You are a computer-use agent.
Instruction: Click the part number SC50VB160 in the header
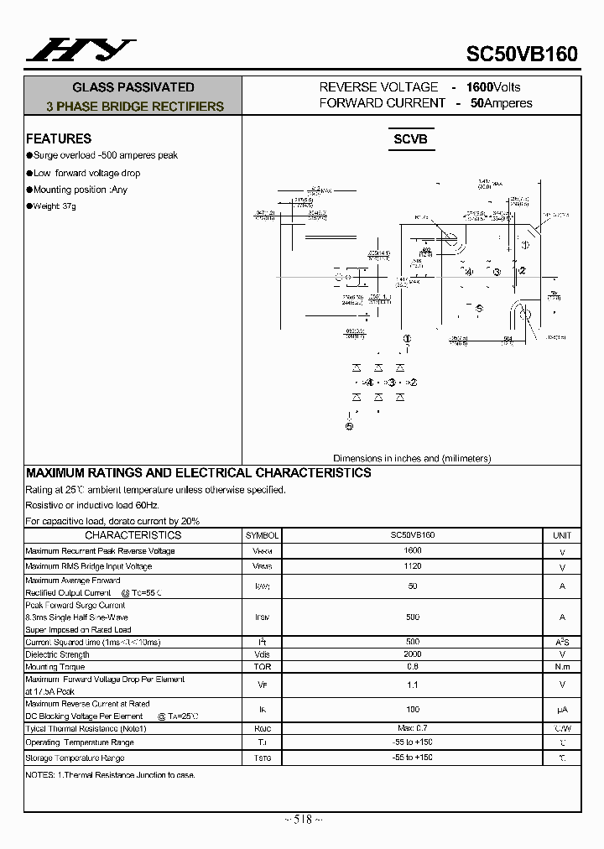coord(522,54)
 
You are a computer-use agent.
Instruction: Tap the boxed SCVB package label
coord(411,139)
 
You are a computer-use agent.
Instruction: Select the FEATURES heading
coord(59,138)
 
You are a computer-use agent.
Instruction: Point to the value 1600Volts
coord(493,87)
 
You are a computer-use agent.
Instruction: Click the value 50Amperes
coord(501,103)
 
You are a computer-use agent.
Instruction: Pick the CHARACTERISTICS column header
coord(133,535)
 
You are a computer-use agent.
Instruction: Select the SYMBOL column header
coord(262,535)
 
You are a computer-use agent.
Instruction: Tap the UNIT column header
coord(562,535)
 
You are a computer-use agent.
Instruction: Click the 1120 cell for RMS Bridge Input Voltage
coord(413,566)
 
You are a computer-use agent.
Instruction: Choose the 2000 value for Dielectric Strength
coord(413,654)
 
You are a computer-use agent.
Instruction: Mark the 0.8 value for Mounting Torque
coord(413,667)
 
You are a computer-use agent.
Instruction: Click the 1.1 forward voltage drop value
coord(413,685)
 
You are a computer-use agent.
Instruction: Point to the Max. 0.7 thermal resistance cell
coord(413,728)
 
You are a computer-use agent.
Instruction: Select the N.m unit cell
coord(562,667)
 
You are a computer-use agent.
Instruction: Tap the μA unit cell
coord(562,710)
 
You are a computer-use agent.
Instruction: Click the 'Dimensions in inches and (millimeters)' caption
coord(412,458)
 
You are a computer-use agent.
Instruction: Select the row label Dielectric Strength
coord(57,654)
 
